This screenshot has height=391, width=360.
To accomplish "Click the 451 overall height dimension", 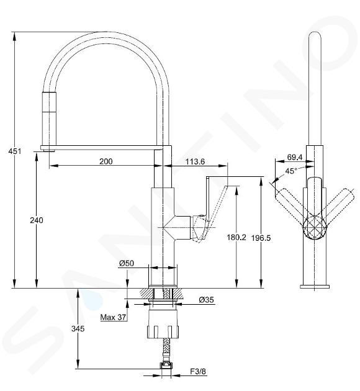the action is click(15, 151).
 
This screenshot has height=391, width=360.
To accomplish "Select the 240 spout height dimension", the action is click(37, 220).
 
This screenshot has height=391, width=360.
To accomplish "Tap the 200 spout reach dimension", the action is click(106, 161).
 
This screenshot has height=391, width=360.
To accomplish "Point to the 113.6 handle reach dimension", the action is click(196, 161).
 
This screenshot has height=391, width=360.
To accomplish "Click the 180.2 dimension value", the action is click(236, 237).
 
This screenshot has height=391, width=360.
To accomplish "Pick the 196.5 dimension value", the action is click(261, 238).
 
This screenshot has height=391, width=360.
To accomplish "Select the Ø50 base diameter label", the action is click(127, 263).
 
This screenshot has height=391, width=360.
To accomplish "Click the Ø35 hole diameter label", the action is click(207, 300).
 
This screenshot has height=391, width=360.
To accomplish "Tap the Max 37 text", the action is click(113, 317).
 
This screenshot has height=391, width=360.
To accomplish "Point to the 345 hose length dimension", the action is click(78, 329).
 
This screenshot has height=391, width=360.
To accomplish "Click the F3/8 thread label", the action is click(198, 372).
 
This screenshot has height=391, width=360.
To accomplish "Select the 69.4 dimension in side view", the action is click(295, 157).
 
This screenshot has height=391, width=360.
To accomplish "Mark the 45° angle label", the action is click(291, 171).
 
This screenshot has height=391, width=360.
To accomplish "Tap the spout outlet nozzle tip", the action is click(49, 150).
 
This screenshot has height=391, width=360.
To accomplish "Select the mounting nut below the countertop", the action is click(163, 324).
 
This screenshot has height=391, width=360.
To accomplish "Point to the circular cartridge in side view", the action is click(314, 227).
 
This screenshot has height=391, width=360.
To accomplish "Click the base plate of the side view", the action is click(315, 287).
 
